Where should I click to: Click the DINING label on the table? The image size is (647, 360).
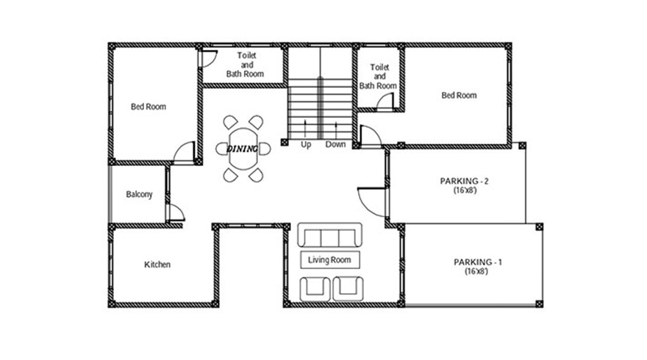243,148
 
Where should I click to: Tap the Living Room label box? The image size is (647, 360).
329,259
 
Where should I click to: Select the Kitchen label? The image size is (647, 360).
157,264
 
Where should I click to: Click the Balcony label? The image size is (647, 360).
139,195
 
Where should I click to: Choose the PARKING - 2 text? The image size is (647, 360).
465,180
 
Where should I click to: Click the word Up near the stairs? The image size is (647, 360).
306,145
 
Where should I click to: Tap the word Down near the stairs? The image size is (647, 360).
335,145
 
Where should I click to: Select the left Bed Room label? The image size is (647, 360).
149,107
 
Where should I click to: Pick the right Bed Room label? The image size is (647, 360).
459,95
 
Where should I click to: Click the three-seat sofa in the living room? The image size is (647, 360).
329,237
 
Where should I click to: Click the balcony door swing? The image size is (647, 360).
176,213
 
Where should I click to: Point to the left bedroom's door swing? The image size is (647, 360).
184,152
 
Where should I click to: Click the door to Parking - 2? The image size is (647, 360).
371,201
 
